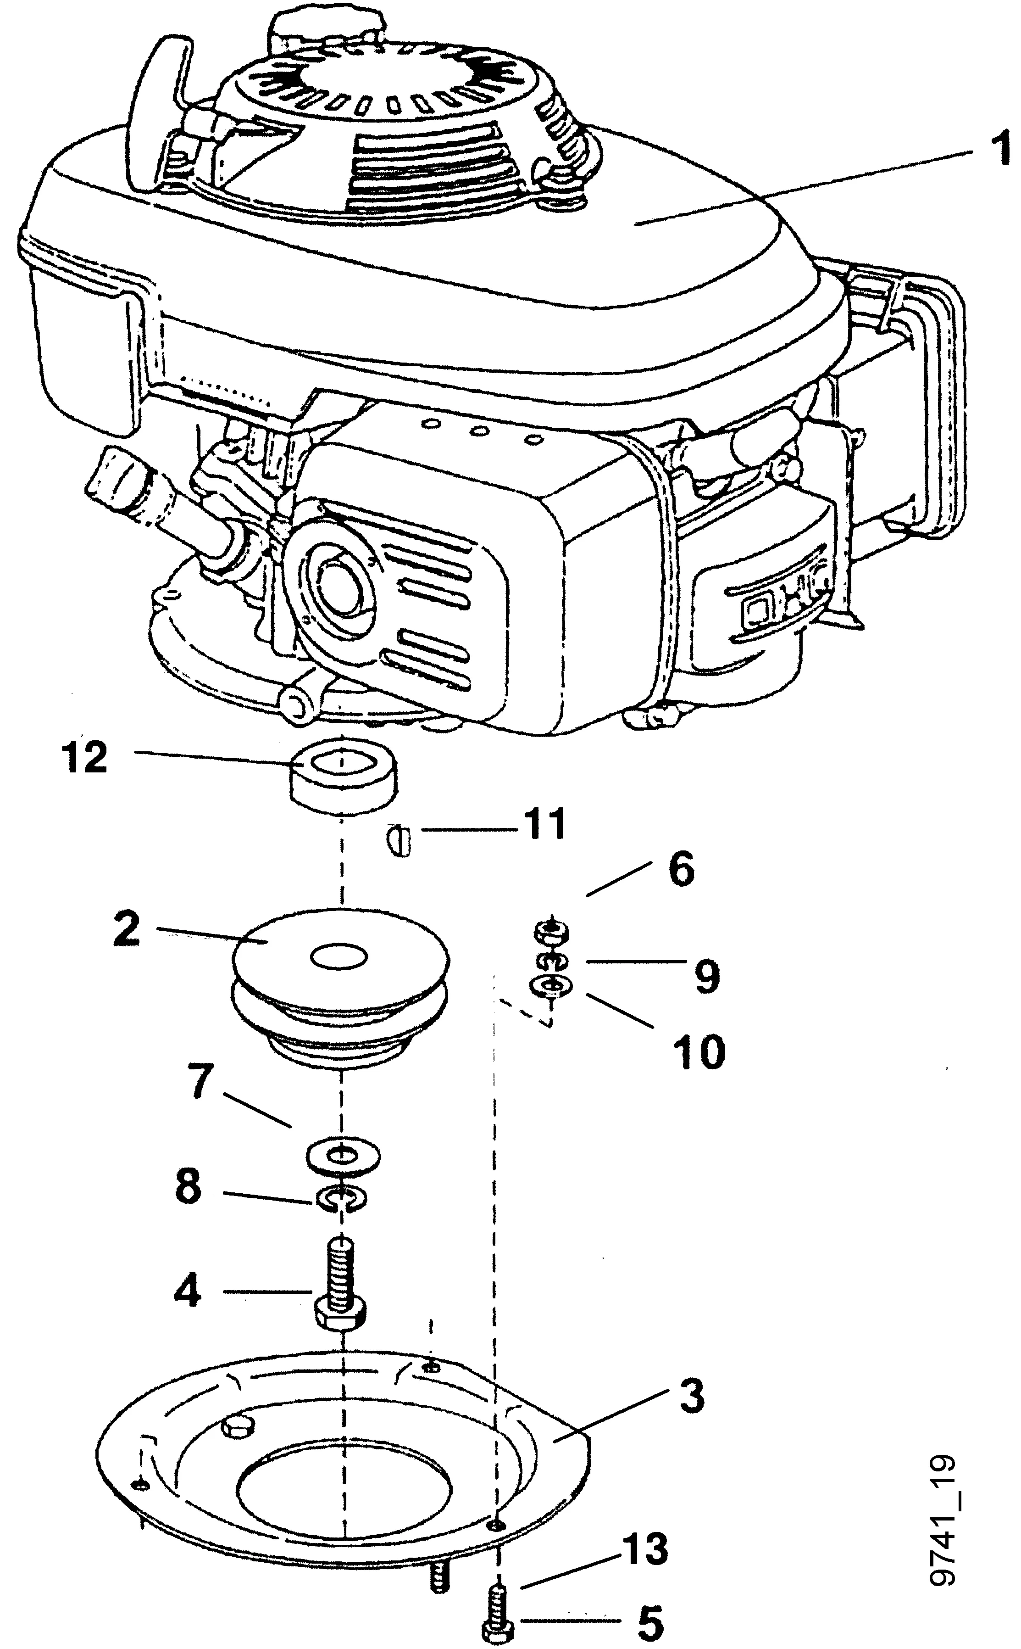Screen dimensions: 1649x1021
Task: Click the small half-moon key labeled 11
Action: [400, 842]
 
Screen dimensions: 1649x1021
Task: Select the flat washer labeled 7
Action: [343, 1156]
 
